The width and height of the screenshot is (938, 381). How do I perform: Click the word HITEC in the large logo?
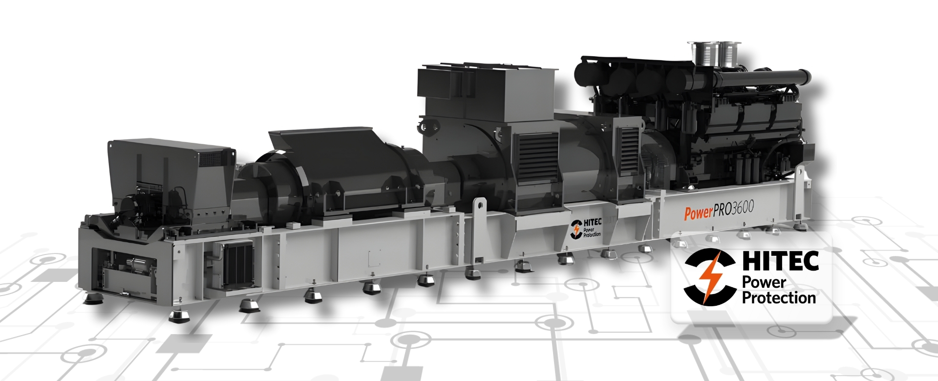click(x=780, y=261)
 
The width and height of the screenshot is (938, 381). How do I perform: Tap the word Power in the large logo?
click(x=764, y=282)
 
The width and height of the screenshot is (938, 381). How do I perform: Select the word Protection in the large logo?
click(x=779, y=297)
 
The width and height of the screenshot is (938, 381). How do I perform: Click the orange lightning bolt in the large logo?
click(x=709, y=277)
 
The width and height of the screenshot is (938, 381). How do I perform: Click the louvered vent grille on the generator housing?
click(x=538, y=156)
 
